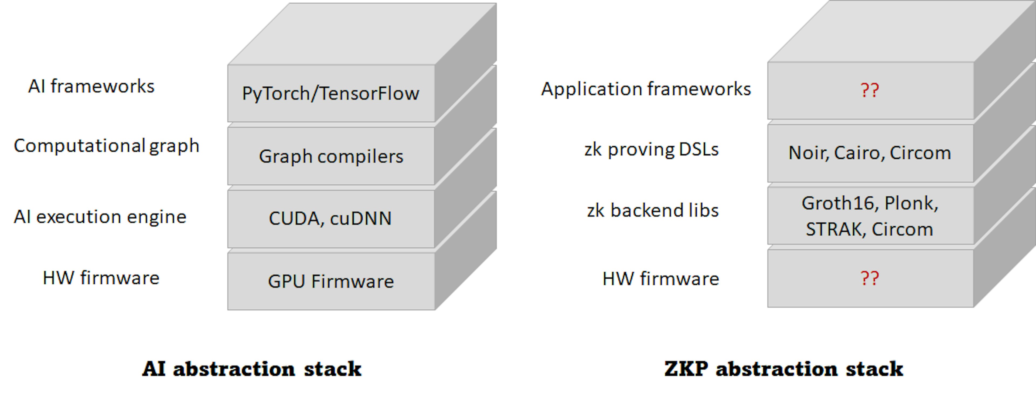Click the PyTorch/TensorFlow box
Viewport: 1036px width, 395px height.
[x=330, y=93]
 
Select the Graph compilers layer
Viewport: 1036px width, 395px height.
[x=330, y=156]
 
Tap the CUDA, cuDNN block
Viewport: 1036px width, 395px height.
[x=330, y=219]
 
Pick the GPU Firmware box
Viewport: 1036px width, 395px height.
[x=330, y=281]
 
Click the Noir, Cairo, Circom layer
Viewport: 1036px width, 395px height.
[x=870, y=153]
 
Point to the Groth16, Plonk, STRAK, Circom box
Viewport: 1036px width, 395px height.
[x=870, y=216]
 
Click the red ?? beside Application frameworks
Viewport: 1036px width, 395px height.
[x=870, y=90]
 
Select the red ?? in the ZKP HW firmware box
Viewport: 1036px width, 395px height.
[x=870, y=279]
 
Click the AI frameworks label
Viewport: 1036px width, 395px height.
[x=91, y=86]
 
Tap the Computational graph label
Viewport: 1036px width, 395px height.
[x=107, y=146]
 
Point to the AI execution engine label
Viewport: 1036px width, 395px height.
[x=100, y=217]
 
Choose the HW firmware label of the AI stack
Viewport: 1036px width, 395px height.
[x=101, y=278]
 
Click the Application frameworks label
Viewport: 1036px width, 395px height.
[x=646, y=89]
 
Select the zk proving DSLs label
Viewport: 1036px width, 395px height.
[x=652, y=149]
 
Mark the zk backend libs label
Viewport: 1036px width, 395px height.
[x=653, y=210]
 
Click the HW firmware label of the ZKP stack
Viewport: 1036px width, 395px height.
[x=661, y=279]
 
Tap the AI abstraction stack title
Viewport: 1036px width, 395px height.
[x=252, y=369]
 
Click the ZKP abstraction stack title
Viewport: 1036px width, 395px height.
[x=783, y=369]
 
